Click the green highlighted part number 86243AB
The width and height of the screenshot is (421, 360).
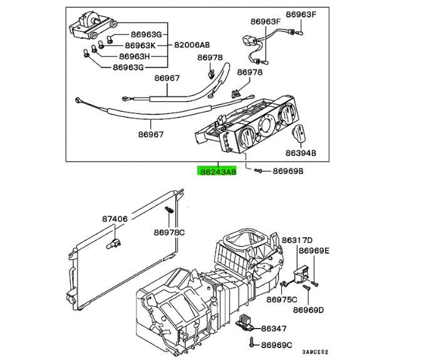click(217, 171)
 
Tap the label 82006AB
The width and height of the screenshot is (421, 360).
click(192, 45)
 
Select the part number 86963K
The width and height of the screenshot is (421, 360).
click(140, 45)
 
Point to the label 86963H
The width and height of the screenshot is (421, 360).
click(134, 56)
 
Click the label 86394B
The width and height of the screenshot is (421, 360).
click(301, 153)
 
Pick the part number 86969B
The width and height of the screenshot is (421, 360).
click(288, 171)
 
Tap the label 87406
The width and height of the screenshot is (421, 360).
click(115, 219)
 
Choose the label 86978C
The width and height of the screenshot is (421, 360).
click(169, 232)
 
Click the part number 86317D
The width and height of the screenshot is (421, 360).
click(297, 240)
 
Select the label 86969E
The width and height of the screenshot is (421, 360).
click(314, 250)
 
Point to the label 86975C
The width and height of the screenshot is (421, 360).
click(282, 299)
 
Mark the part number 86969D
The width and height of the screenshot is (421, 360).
click(308, 310)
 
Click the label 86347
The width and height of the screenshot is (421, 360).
click(274, 328)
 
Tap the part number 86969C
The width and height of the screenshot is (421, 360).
click(276, 345)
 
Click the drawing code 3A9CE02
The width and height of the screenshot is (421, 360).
click(315, 352)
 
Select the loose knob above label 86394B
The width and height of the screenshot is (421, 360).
click(299, 133)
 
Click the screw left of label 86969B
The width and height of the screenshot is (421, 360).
click(258, 170)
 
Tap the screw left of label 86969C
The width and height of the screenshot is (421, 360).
click(252, 342)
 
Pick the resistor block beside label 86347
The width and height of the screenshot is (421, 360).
click(244, 322)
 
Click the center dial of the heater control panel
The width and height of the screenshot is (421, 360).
click(266, 125)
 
